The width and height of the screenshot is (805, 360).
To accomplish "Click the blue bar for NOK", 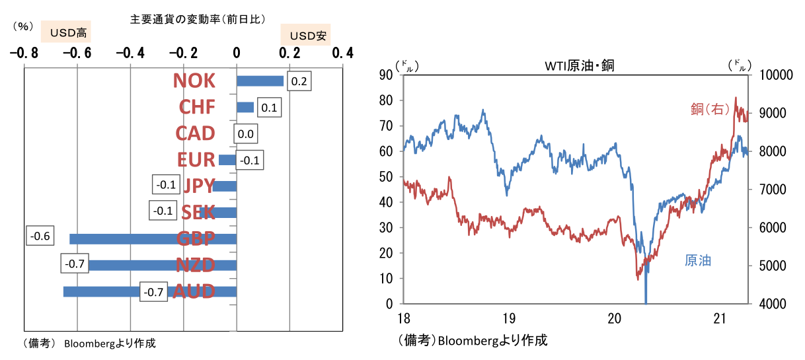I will pos(260,81).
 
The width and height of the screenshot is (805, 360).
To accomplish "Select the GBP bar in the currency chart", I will pos(153,239).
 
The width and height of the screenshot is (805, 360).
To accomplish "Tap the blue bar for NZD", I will pos(162,266).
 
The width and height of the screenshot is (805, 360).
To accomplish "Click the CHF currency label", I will pos(197,107).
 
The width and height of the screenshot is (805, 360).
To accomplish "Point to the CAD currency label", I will pos(195,133).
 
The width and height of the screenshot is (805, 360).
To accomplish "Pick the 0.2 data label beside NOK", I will pos(299,81).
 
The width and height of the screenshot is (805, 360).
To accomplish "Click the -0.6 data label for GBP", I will pos(40,236).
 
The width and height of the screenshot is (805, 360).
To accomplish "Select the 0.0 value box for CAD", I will pos(245,134).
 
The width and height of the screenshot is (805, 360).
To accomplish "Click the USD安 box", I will pos(305,35).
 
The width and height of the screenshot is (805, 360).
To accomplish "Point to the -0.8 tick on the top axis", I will pos(23,53).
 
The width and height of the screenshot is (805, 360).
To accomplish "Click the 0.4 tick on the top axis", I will pos(342,53).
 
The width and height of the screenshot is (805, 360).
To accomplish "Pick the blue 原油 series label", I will pos(697,260).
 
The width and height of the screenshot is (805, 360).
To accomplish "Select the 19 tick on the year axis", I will pos(508,318).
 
